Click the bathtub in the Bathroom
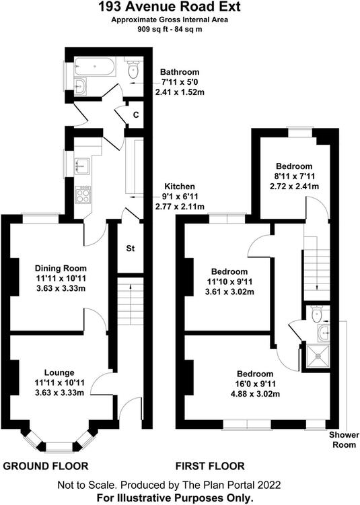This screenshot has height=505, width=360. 94,67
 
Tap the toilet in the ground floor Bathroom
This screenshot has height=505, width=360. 133,69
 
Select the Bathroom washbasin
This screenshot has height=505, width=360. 80,86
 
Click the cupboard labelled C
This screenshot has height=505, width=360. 136,114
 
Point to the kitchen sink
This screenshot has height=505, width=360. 82,166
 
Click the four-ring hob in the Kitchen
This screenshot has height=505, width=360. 83,194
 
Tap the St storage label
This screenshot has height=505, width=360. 131,248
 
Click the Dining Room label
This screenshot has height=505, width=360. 61,268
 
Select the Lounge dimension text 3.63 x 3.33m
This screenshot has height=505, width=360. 61,393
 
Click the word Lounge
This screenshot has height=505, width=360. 59,372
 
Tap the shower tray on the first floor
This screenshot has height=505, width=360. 318,356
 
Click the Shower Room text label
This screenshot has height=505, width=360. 344,440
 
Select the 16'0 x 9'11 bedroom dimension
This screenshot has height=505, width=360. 255,384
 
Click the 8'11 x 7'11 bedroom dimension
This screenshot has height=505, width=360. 294,176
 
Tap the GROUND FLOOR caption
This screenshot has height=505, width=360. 45,466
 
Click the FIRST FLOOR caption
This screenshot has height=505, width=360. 210,466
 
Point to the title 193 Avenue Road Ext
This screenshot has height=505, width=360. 169,7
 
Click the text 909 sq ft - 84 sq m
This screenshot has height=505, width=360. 170,30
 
